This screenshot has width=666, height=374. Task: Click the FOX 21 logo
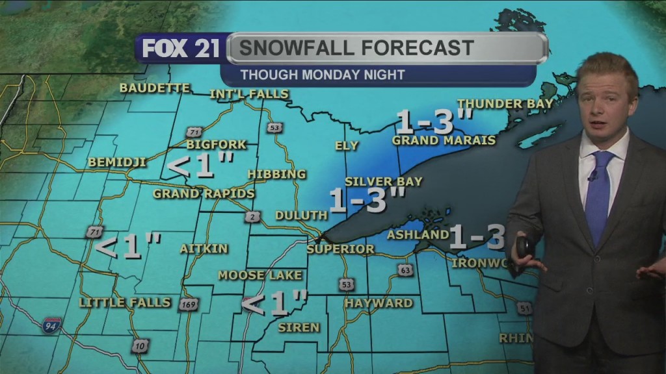coord(181,49)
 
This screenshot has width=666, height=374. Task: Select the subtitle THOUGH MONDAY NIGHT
coord(322,75)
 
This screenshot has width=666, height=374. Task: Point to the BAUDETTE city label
coord(155,88)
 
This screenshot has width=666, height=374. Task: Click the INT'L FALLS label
coord(248,94)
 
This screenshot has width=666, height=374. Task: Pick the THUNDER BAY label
coord(505,104)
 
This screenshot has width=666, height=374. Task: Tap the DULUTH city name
coord(300,215)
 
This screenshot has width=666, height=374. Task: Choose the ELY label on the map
coord(346,145)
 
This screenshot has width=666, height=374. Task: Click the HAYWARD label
coord(379,303)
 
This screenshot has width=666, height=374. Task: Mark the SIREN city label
coord(299,327)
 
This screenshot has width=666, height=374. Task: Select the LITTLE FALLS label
coord(125,303)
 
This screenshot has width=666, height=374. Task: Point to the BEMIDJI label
coord(117,162)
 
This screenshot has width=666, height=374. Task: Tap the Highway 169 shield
coord(189,304)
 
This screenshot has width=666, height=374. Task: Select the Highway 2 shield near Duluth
coord(252,217)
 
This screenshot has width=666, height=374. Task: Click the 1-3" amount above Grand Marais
coord(434,121)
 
